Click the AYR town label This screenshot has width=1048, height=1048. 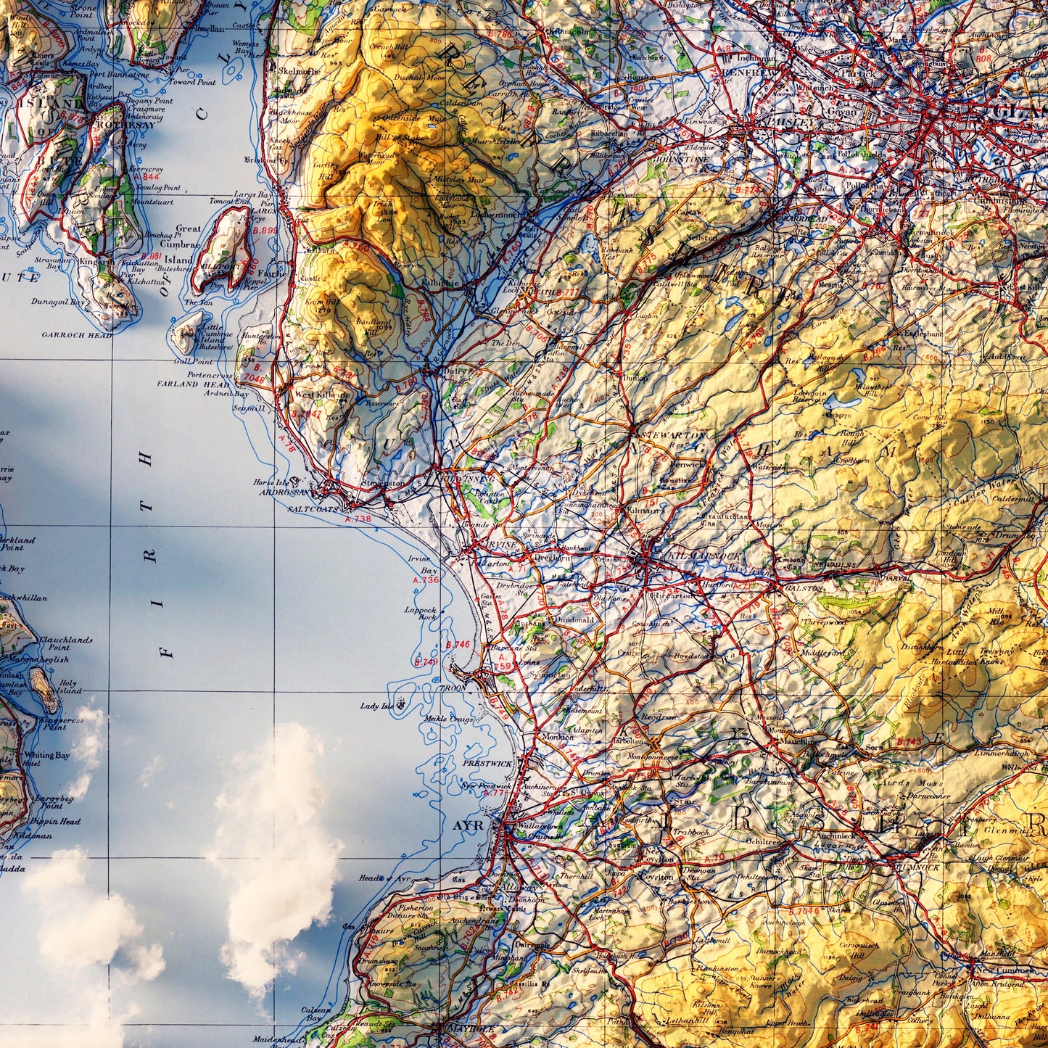pos(467,826)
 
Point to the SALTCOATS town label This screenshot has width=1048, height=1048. pos(313,510)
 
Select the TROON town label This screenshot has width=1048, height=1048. pos(453,687)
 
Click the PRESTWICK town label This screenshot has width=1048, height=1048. pos(487,764)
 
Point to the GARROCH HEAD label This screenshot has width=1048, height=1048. pos(77,335)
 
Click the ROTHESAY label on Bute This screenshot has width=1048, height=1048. pos(131,125)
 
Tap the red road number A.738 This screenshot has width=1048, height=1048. pos(358,519)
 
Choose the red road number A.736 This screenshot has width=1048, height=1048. pos(426,579)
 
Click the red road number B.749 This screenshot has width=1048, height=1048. pos(426,661)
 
